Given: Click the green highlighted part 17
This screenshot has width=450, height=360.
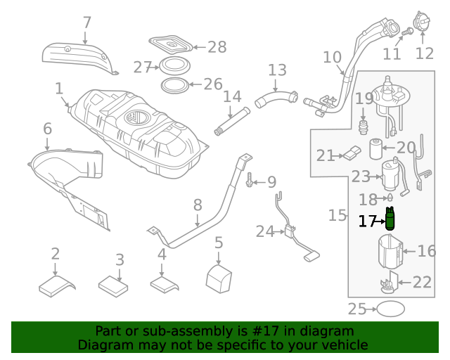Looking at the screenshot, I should [390, 221].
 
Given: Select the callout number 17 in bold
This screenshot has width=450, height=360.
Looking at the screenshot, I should [368, 221].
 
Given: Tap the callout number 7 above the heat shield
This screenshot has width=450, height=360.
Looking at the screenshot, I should [86, 23].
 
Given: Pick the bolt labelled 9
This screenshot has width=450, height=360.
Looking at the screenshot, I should [250, 181].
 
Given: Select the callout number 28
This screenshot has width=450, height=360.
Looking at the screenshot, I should [217, 47].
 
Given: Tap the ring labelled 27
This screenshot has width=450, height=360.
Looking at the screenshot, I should [174, 66].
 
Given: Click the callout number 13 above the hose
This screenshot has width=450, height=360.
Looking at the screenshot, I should [277, 70].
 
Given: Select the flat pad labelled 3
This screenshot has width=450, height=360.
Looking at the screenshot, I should [114, 285].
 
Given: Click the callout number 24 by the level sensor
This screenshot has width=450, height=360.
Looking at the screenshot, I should [265, 231].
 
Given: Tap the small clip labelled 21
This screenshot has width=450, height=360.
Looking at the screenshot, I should [353, 152].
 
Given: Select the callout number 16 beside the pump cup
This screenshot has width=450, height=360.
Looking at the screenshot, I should [427, 251].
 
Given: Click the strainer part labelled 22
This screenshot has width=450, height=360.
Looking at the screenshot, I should [387, 285].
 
